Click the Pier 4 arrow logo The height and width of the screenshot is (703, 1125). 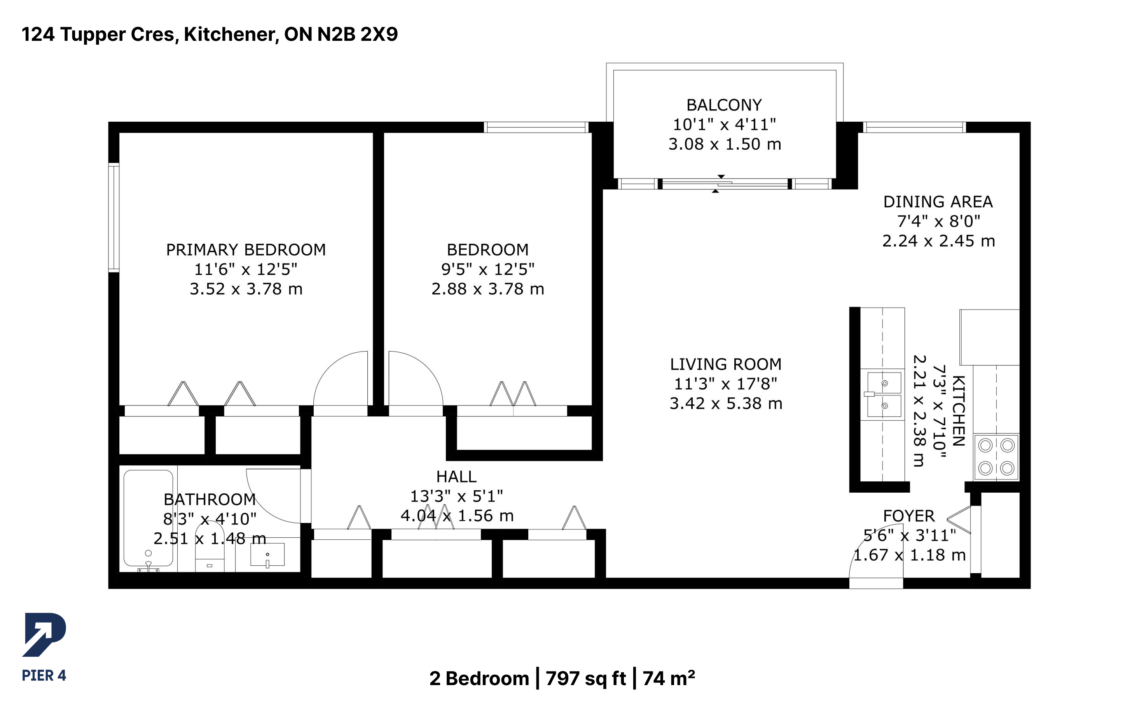[44, 634]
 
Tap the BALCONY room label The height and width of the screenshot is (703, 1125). [724, 105]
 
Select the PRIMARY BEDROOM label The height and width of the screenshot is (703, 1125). [246, 250]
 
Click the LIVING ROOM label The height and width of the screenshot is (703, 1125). [725, 364]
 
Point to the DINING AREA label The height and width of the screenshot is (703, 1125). [938, 202]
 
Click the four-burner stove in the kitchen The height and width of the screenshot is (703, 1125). [996, 456]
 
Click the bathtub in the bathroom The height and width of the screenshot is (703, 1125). [148, 518]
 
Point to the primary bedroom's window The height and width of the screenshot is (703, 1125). [114, 217]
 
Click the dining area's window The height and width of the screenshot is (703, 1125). [914, 127]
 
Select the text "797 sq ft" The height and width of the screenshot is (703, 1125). [585, 679]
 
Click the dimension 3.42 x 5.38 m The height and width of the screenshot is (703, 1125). [726, 403]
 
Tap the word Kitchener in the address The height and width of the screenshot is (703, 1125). [231, 34]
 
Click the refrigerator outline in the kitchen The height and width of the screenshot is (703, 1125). [989, 337]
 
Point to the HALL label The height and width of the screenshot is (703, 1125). [456, 477]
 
